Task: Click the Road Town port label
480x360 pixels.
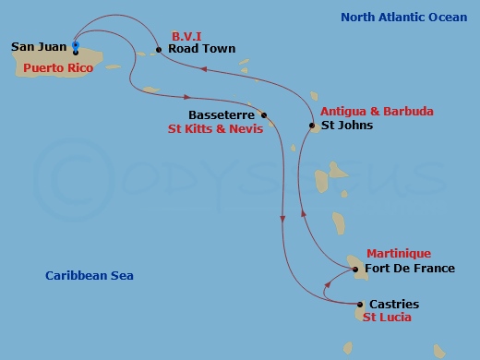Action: pos(201,49)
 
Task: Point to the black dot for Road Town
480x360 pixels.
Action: pos(159,50)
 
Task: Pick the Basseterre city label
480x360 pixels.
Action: pos(222,115)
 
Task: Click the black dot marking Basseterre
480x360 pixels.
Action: pos(264,115)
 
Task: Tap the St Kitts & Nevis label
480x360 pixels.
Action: pos(215,129)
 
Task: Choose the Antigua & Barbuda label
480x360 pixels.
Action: pos(377,111)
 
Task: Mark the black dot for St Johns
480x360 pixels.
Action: pos(311,126)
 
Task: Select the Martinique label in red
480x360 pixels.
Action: pos(398,253)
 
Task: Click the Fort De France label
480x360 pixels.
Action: pos(410,269)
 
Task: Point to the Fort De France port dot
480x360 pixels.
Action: pos(356,270)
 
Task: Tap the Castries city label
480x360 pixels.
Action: pos(393,304)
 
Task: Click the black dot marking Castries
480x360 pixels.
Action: pos(359,304)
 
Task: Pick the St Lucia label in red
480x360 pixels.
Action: pos(386,318)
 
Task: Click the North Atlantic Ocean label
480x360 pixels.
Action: pos(403,17)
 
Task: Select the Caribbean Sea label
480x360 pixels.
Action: pos(90,275)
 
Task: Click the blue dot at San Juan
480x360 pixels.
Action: pos(75,44)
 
